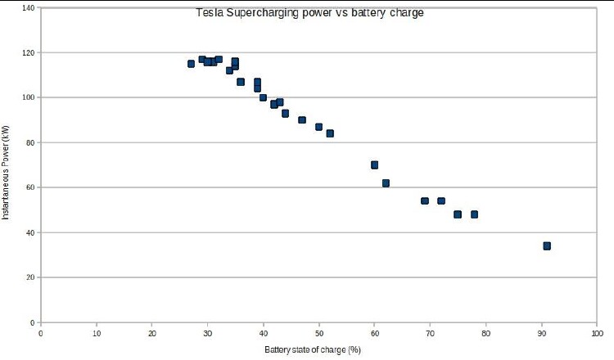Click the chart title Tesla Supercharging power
coord(309,13)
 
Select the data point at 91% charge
coord(547,245)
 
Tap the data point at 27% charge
coord(191,63)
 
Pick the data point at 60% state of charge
coord(374,164)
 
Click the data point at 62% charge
coord(386,183)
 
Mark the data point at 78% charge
coord(474,214)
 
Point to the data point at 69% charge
coord(425,200)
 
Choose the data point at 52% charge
coord(330,133)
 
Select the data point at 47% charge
coord(302,119)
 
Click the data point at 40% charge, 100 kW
coord(263,97)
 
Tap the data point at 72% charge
coord(441,200)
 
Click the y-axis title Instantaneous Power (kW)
coord(6,172)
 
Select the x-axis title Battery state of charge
coord(313,349)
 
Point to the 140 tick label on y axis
coord(29,8)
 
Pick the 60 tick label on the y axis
coord(30,187)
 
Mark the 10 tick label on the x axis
coord(96,333)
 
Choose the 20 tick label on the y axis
coord(30,277)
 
